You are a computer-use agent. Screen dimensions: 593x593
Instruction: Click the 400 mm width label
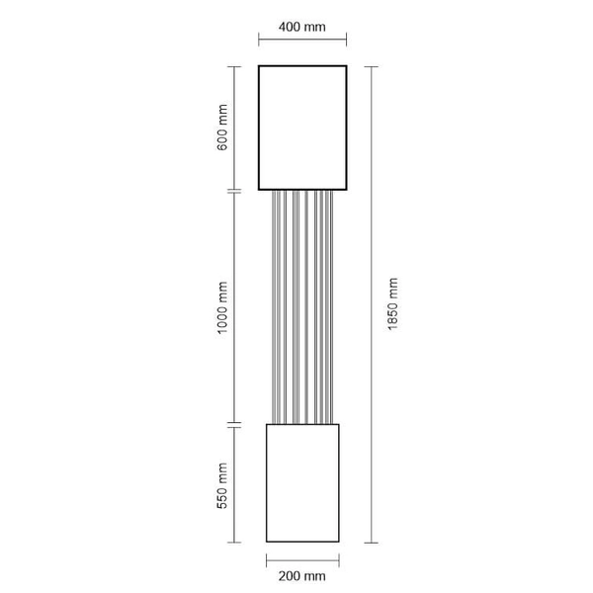pos(301,27)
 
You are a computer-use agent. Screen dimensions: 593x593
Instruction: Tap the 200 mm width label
pos(301,576)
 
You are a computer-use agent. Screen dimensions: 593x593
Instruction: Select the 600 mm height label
pos(222,127)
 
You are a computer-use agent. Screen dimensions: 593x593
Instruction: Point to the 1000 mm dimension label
pos(222,307)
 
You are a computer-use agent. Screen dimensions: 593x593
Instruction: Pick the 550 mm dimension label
pos(222,485)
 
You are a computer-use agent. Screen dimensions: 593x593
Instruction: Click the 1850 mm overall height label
pos(393,304)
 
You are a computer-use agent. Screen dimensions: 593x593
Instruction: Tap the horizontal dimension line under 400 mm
pos(302,39)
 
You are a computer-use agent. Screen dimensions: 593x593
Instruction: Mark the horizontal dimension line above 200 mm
pos(302,560)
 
